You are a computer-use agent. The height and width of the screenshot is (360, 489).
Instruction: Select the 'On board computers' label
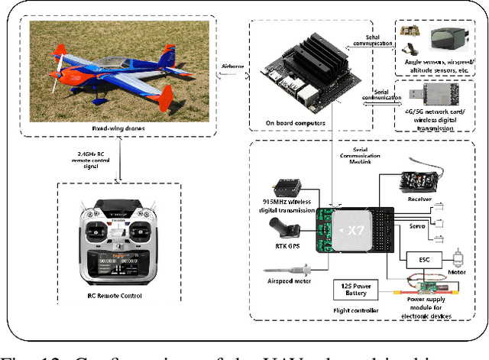tap(315, 122)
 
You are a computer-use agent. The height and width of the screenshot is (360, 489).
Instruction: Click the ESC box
tap(424, 260)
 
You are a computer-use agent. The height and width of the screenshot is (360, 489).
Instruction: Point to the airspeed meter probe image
tap(289, 268)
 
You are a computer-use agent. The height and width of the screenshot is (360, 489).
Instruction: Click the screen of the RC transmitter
tap(115, 264)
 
